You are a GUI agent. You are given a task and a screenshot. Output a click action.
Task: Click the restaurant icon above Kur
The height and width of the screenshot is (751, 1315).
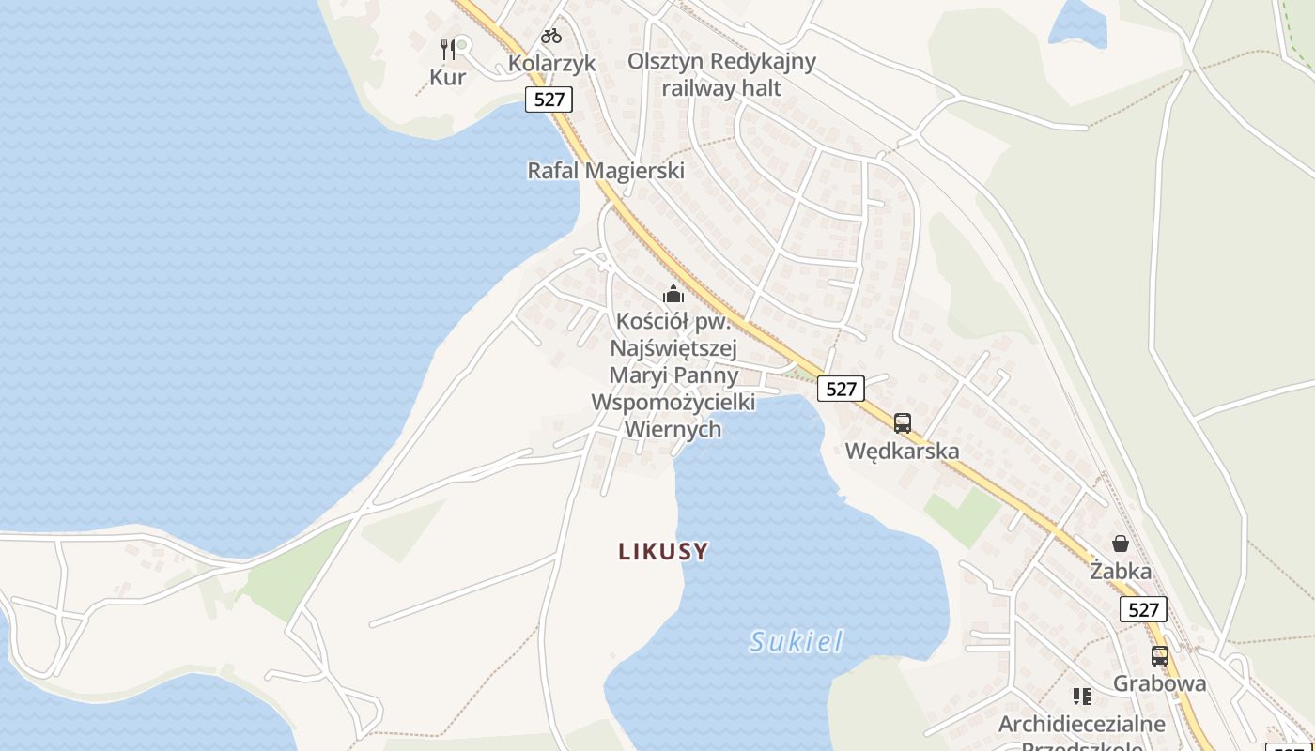click(x=448, y=49)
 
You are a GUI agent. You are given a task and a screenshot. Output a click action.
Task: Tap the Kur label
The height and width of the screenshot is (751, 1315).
click(x=448, y=77)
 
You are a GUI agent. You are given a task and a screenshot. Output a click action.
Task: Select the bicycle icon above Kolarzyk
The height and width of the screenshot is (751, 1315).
click(x=551, y=37)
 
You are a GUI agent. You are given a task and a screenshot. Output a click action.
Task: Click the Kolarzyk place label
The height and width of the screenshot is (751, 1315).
click(x=552, y=63)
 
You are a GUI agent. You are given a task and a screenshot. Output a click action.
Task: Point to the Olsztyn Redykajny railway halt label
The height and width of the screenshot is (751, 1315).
click(x=721, y=74)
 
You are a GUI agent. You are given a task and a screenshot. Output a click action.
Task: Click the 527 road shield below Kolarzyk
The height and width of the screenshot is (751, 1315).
click(x=549, y=100)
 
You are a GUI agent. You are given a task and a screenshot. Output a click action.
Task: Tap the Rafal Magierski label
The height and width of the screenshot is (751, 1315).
click(x=606, y=171)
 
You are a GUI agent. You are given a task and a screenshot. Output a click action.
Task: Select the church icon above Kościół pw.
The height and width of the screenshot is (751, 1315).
click(x=673, y=294)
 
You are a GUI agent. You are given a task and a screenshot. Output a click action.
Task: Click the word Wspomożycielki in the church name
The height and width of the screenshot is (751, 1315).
click(x=673, y=402)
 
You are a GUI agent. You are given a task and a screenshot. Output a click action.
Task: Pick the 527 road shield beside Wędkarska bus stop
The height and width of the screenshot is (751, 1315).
click(x=840, y=389)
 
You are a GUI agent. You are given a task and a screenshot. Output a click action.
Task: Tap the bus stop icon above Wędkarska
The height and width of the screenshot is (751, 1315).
click(x=903, y=423)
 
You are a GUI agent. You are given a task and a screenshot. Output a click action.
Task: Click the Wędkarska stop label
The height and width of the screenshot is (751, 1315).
click(x=903, y=451)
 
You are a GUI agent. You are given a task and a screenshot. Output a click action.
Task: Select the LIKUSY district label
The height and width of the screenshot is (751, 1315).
click(x=663, y=552)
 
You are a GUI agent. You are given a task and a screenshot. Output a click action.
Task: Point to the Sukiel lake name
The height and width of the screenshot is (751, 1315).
click(x=797, y=642)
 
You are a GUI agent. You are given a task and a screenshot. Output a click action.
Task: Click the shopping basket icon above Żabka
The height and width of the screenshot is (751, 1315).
click(x=1121, y=544)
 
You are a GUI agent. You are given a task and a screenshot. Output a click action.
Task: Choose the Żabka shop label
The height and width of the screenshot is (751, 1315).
click(x=1121, y=570)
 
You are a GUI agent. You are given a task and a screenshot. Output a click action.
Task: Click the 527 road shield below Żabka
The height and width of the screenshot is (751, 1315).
click(x=1143, y=609)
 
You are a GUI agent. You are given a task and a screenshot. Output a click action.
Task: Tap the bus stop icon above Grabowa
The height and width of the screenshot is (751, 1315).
click(x=1160, y=656)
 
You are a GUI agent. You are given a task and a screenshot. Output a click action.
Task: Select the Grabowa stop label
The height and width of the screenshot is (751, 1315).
click(x=1160, y=682)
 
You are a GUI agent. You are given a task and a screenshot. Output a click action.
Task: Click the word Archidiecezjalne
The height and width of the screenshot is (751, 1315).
click(x=1082, y=724)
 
